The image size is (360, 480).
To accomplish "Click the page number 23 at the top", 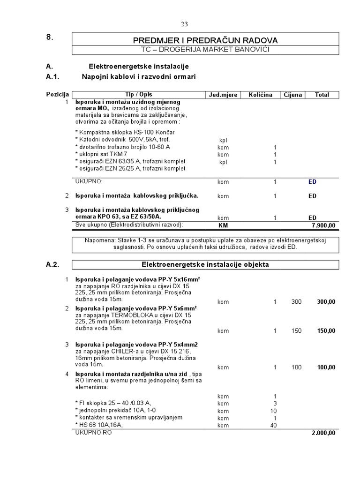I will (184, 24).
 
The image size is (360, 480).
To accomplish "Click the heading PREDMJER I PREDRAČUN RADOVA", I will (205, 40).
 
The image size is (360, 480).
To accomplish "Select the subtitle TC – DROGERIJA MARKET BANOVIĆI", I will (205, 50).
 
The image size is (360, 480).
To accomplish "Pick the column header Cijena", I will (293, 95).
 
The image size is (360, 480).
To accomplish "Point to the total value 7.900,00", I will (323, 225).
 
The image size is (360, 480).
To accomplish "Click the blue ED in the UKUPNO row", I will (312, 181).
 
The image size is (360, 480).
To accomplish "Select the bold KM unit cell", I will (223, 225).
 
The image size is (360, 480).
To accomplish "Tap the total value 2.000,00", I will (323, 433).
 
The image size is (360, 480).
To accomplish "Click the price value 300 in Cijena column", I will (296, 302).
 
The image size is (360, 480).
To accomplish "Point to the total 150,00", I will (326, 331).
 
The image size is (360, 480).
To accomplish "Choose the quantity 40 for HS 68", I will (274, 425).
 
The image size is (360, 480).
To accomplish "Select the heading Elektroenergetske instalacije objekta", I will (205, 264).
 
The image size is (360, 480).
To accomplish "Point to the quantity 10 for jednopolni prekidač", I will (274, 411).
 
